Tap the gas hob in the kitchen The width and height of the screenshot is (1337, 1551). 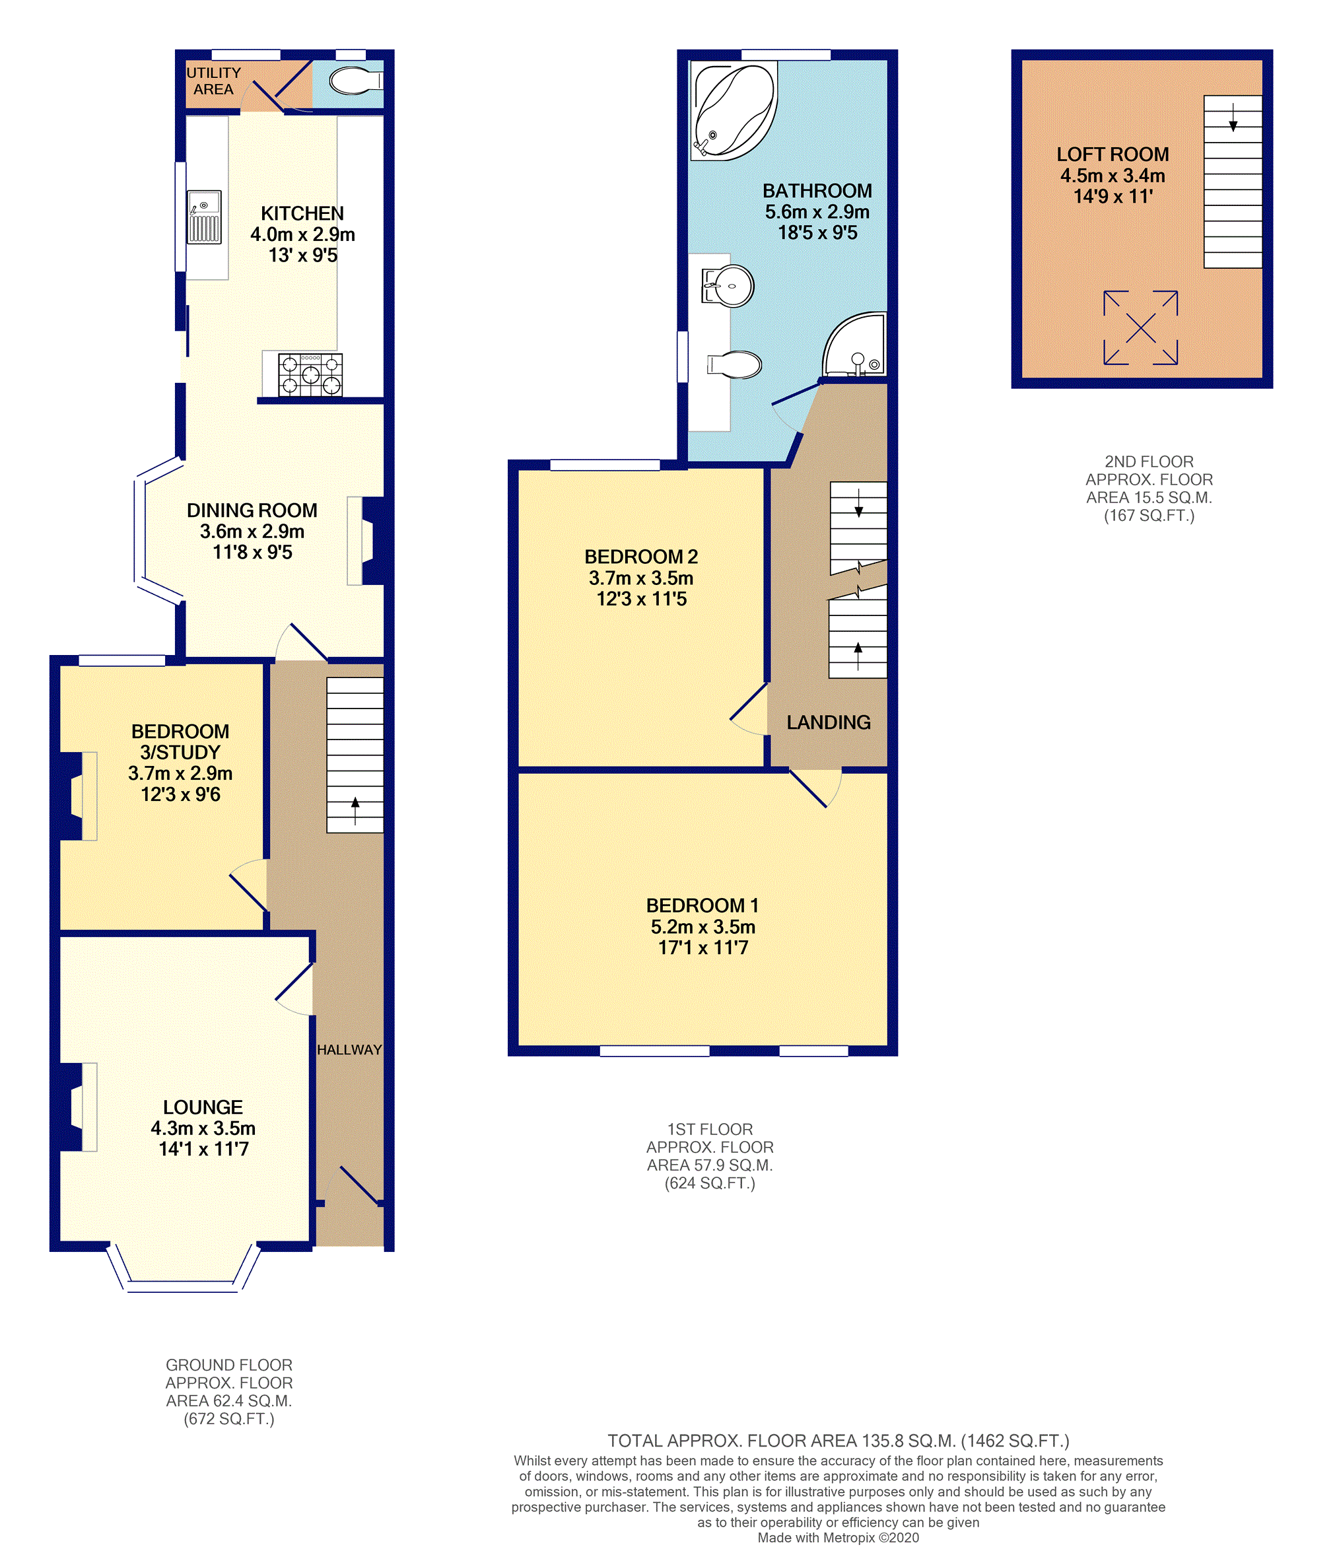coord(310,374)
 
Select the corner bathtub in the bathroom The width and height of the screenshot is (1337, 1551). coord(734,111)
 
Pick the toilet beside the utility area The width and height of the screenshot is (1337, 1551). coord(357,82)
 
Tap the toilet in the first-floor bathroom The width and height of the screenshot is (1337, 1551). coord(734,364)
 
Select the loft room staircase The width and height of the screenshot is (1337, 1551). coord(1232,182)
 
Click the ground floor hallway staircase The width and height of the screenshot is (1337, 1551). coord(355,755)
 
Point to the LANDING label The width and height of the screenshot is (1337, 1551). coord(829,722)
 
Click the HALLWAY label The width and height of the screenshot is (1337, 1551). coord(349,1049)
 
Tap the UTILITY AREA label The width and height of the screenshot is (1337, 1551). coord(213,81)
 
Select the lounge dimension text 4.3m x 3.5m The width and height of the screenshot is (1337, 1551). coord(203,1128)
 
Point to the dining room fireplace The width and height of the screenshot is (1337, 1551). coord(366,541)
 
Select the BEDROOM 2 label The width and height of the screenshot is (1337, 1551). coord(641,557)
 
